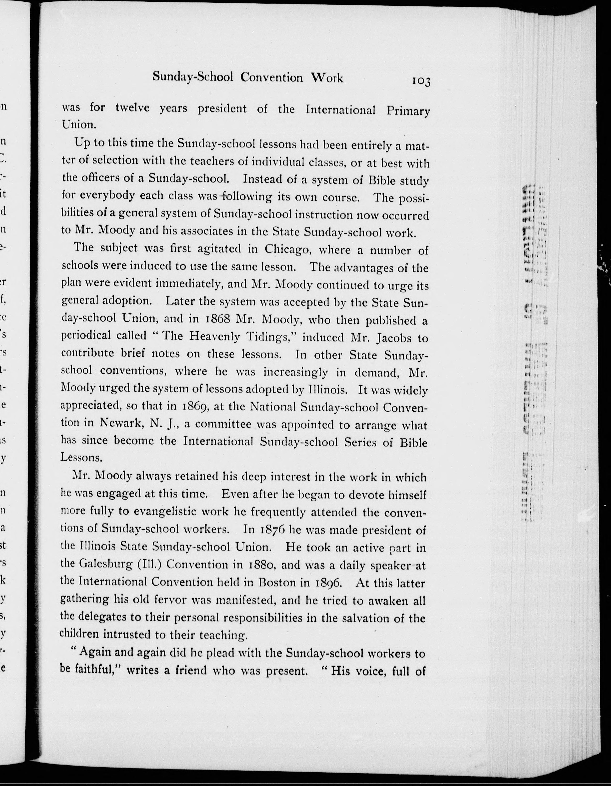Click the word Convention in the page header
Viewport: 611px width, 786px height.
(271, 77)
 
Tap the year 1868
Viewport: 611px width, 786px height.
(216, 319)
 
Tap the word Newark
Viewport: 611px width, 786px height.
(122, 423)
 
